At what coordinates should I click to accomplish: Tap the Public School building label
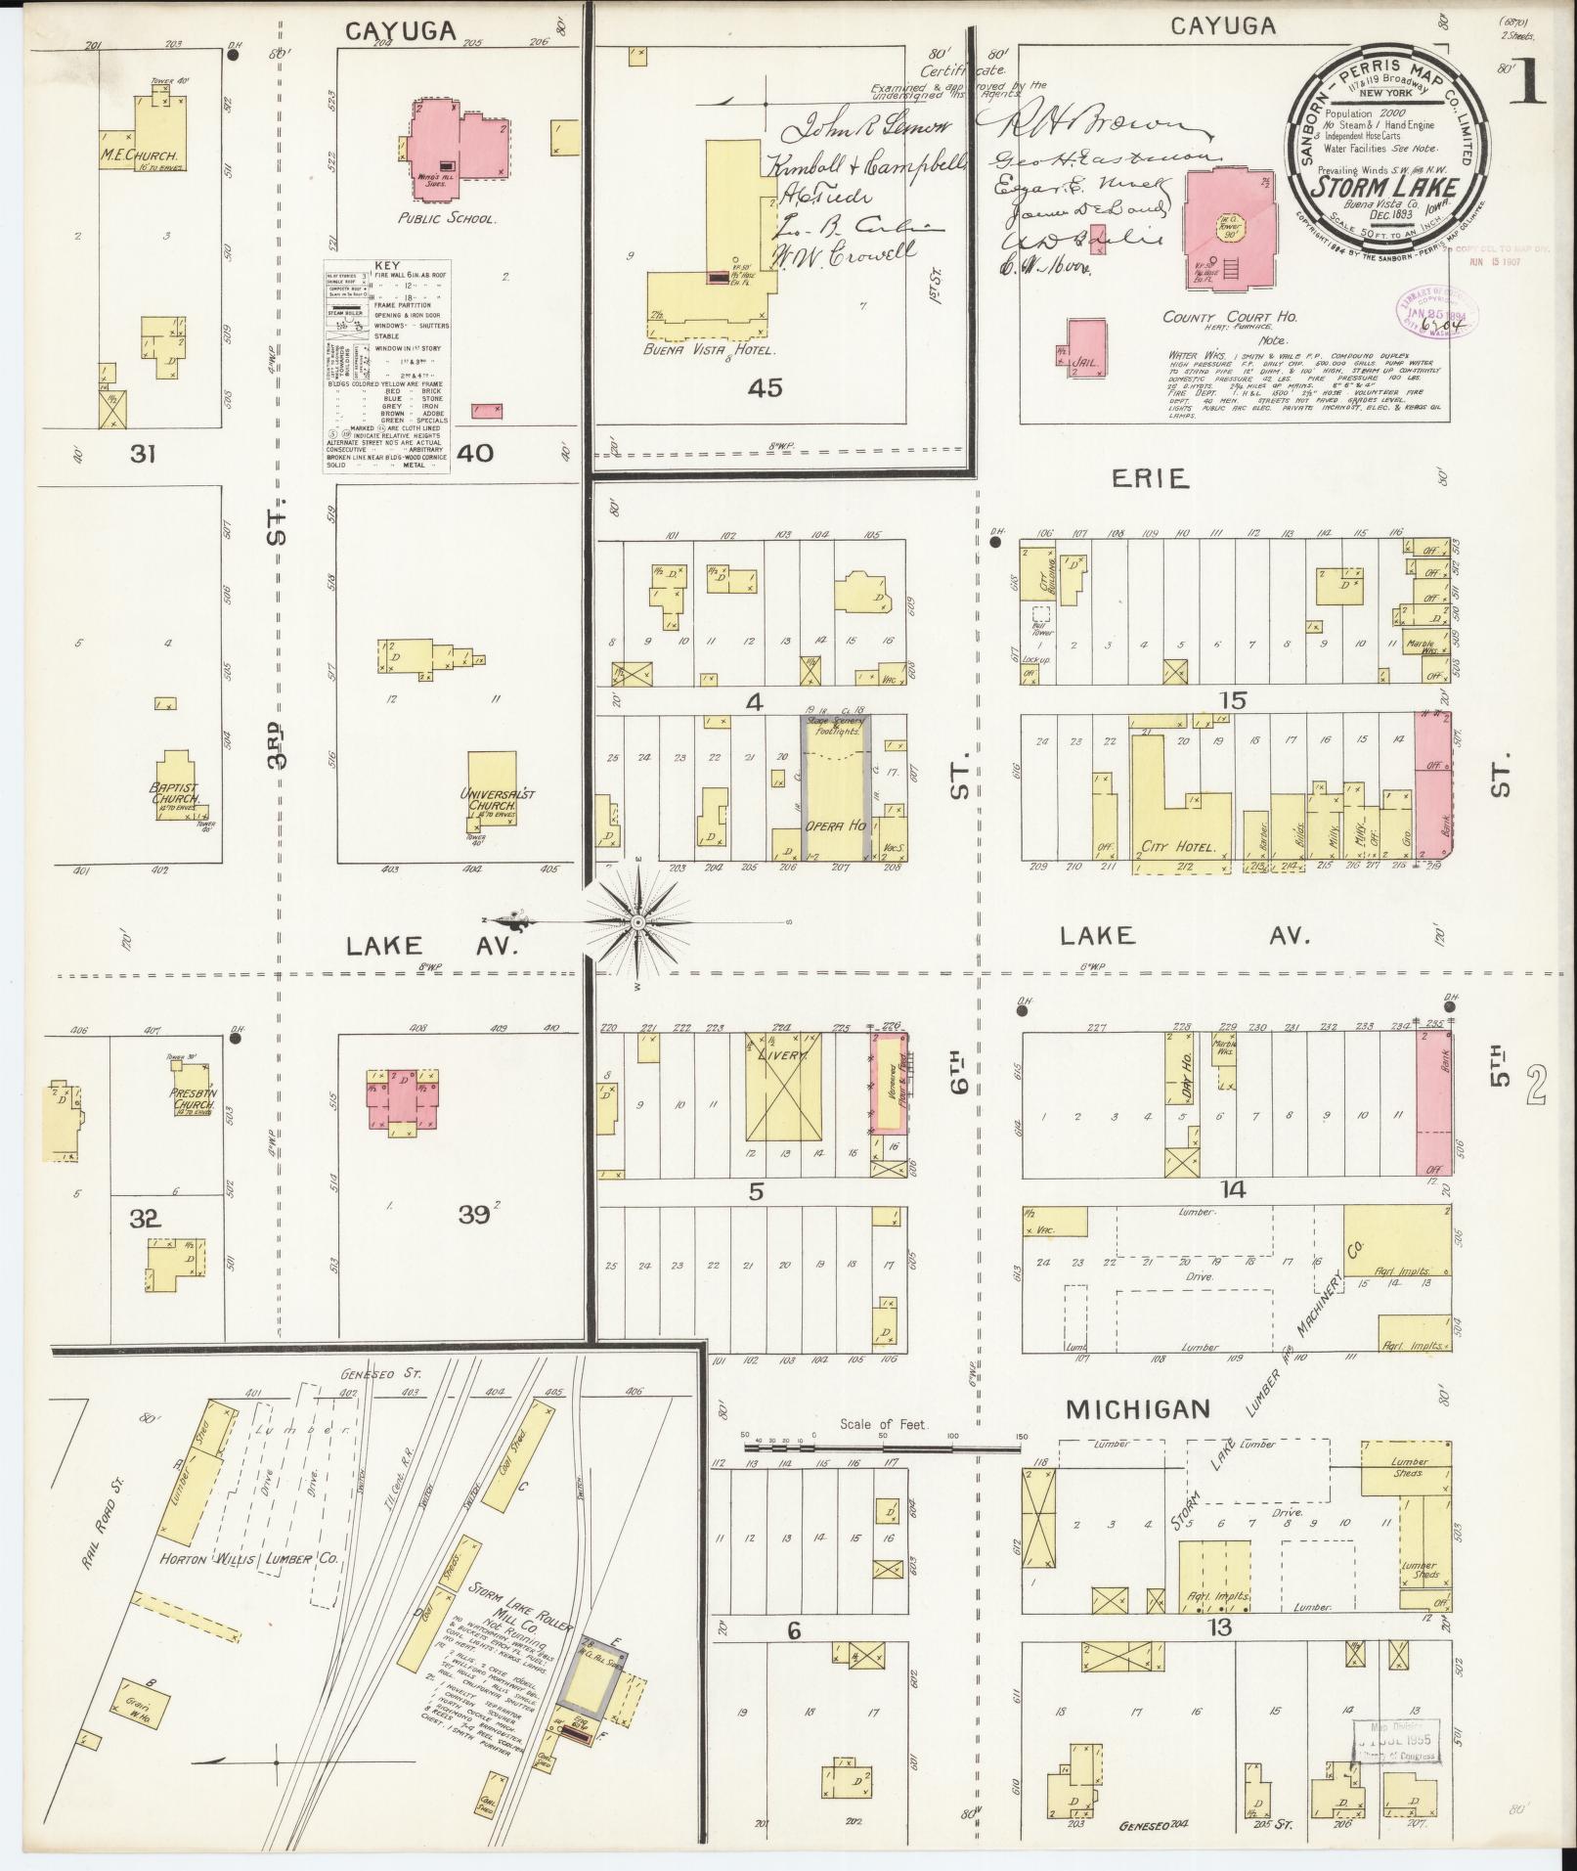tap(458, 219)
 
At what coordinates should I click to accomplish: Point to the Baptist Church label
tap(176, 792)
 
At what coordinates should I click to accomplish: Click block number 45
tap(765, 388)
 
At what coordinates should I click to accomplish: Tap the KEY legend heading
tap(386, 265)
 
